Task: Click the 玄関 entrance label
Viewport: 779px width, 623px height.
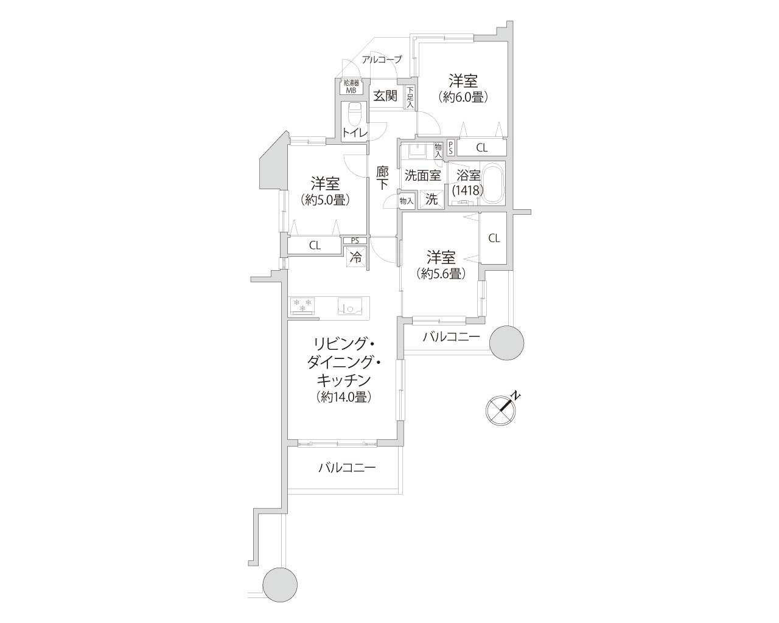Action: [385, 96]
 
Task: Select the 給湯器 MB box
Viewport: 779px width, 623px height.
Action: [351, 87]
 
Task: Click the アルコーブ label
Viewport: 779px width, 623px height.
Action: [382, 60]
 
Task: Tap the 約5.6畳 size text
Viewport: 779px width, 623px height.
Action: [441, 274]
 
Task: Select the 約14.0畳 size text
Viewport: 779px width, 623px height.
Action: [343, 397]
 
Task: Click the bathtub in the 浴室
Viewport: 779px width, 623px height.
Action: [493, 184]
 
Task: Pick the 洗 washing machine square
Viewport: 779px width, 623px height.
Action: [431, 200]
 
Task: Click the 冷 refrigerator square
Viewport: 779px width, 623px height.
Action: [356, 257]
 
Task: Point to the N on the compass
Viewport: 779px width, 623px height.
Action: [516, 395]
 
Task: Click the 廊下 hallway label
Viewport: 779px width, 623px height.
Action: [382, 178]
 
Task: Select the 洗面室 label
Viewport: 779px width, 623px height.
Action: [423, 176]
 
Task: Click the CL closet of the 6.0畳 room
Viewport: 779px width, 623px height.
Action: [482, 148]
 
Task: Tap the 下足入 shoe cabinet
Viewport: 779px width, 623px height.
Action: [410, 98]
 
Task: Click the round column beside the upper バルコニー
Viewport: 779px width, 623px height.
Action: [506, 343]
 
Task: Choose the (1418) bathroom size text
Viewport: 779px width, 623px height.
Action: [467, 190]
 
